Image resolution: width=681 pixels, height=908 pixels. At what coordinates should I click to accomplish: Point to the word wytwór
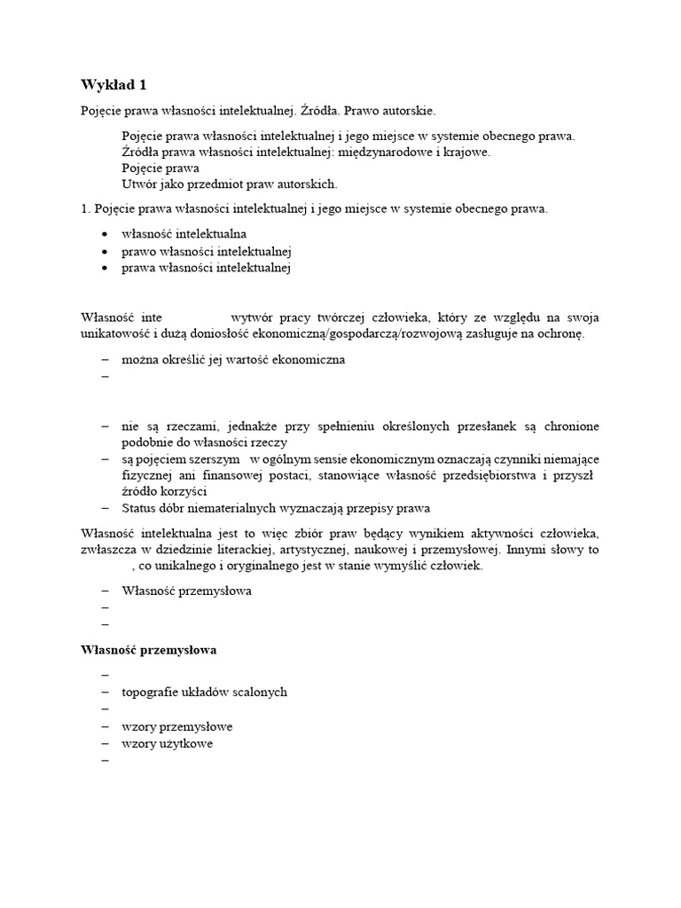pos(251,317)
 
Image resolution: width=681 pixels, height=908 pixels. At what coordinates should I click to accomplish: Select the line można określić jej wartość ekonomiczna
pos(233,359)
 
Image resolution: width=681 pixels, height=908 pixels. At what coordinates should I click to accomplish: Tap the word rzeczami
pos(184,425)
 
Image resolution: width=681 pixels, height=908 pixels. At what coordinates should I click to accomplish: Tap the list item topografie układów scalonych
pos(204,692)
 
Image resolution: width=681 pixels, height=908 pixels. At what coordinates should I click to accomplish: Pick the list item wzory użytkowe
pos(167,743)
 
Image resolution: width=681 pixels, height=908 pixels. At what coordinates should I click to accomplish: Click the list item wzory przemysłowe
pos(176,726)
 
